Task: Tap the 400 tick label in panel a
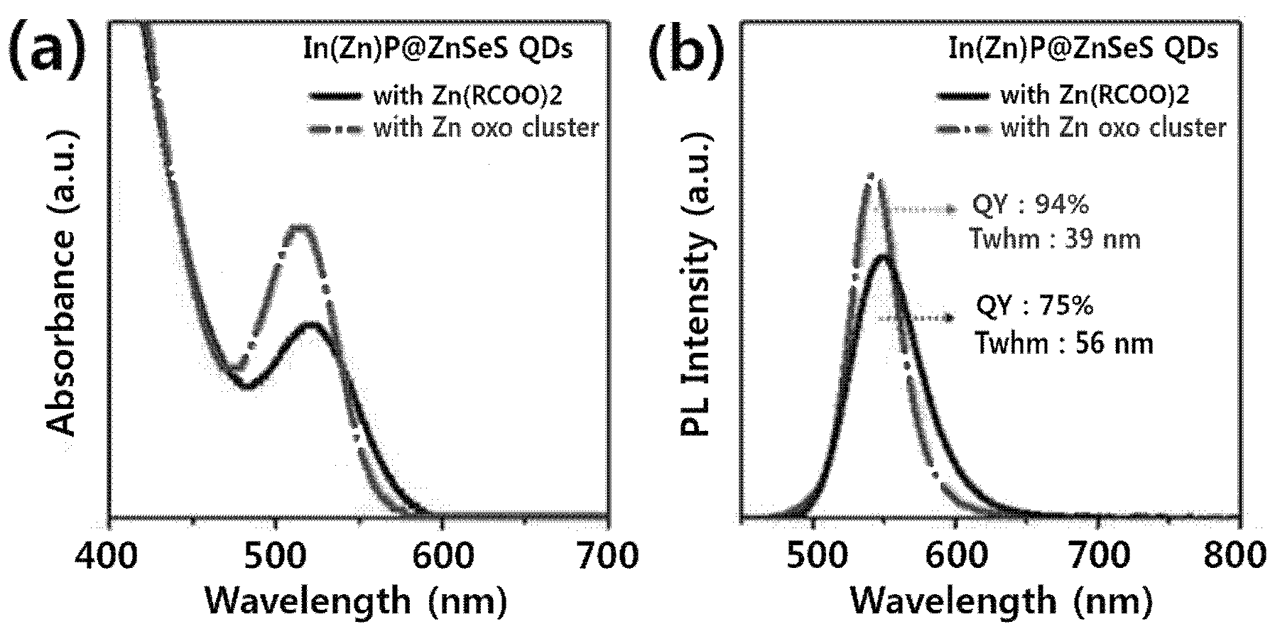(x=109, y=556)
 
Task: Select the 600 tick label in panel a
(x=441, y=556)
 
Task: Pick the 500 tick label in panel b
(x=813, y=556)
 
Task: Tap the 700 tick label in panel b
(x=1097, y=556)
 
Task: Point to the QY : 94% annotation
(x=1030, y=205)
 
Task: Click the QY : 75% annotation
(x=1035, y=306)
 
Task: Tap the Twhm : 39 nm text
(x=1056, y=239)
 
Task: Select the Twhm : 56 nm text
(x=1064, y=344)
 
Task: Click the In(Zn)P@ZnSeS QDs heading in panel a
(x=434, y=50)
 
